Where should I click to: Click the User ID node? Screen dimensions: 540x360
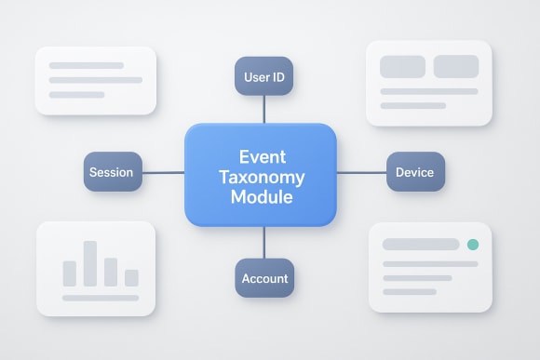pos(263,76)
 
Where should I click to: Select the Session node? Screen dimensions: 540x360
pos(112,172)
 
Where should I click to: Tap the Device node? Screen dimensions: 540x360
pos(415,172)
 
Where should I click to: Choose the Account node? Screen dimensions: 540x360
pos(264,278)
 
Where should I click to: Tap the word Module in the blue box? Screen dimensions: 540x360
pos(261,197)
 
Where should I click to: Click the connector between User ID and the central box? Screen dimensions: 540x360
pos(263,109)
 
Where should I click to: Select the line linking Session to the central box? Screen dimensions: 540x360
pos(163,172)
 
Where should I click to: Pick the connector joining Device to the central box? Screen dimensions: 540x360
pos(361,172)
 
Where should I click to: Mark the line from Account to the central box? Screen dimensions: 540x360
pos(263,243)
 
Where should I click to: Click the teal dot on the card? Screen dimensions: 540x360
pos(472,245)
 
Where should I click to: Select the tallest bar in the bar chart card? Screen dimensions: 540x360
pos(90,263)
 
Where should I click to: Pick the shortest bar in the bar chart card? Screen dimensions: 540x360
pos(131,277)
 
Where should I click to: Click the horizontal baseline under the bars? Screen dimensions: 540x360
pos(101,298)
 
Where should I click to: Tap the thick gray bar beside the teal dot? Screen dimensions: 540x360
pos(421,245)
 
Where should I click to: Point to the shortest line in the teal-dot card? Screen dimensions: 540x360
pos(409,291)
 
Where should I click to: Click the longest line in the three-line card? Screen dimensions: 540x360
pos(94,80)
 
